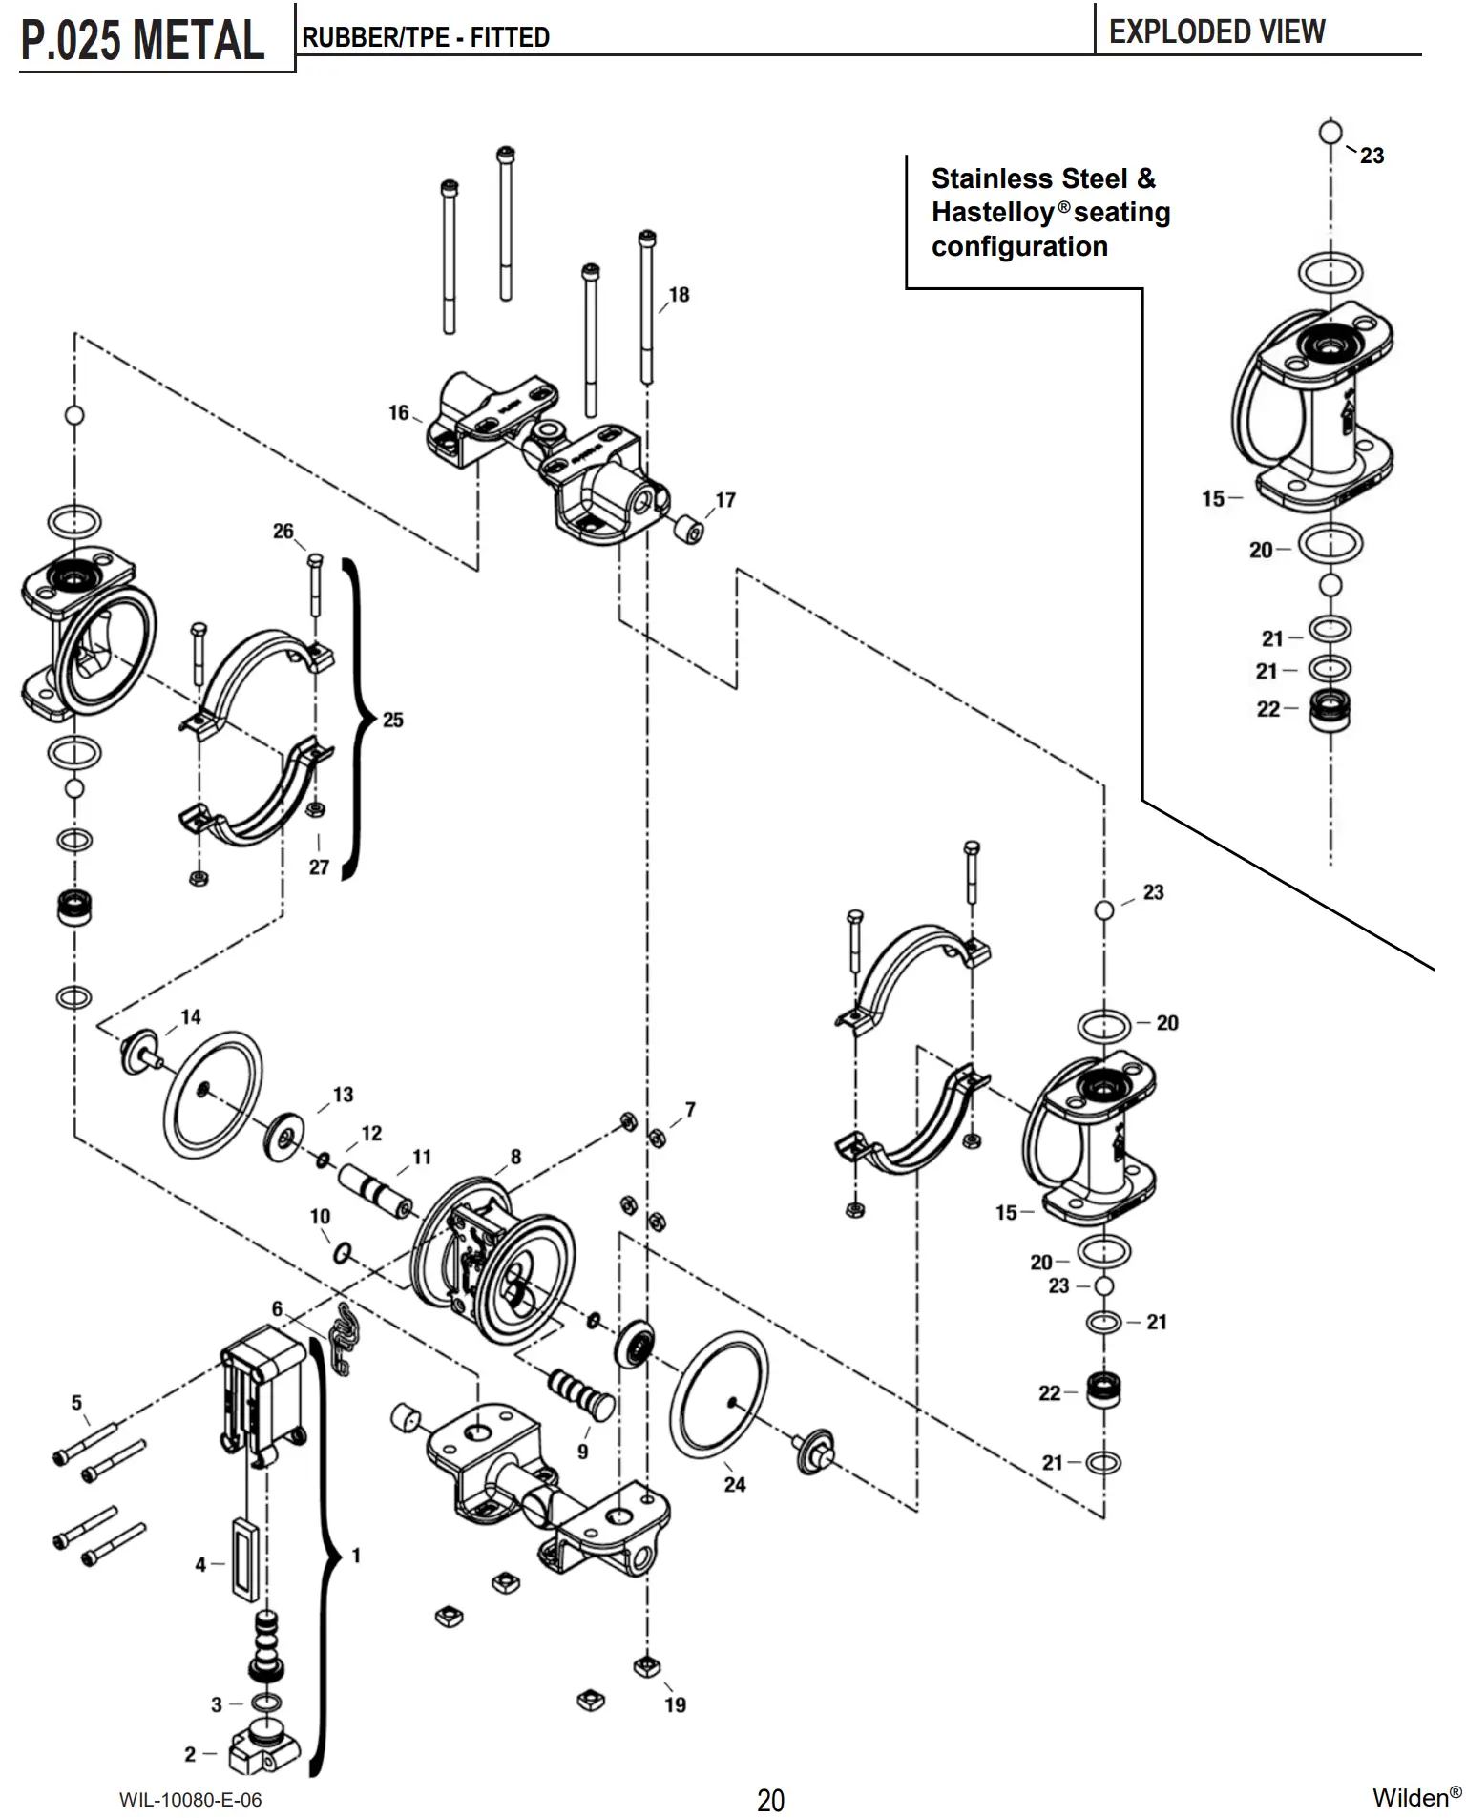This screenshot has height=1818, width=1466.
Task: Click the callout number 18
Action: coord(679,295)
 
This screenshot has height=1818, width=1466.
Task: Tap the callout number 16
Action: coord(398,413)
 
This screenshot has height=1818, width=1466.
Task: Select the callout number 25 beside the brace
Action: coord(393,720)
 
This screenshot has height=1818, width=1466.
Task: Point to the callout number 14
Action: coord(191,1016)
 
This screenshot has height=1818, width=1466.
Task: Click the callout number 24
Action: coord(735,1484)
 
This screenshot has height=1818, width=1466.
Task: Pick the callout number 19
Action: coord(675,1704)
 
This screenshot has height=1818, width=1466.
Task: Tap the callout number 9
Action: coord(582,1452)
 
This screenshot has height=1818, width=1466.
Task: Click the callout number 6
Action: coord(277,1308)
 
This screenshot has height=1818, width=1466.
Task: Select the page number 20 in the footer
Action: coord(771,1800)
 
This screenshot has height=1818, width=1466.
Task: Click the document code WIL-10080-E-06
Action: coord(191,1800)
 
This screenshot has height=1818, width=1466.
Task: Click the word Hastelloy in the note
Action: coord(993,212)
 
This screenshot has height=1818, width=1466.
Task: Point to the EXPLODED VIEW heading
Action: coord(1217,31)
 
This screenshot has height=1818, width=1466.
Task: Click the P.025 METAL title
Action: coord(142,40)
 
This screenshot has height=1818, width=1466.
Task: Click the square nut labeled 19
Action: coord(647,1666)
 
